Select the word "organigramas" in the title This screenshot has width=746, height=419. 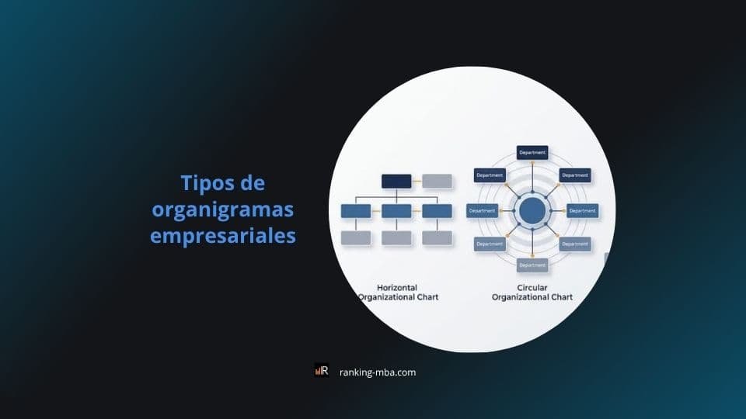(x=223, y=209)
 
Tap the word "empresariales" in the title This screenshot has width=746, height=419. (x=223, y=235)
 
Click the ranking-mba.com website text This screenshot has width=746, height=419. (x=378, y=372)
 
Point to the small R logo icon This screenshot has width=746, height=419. (x=322, y=371)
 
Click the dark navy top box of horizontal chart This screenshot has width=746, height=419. (x=396, y=182)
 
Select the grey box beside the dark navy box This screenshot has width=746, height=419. (x=437, y=182)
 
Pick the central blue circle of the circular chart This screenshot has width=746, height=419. (x=532, y=210)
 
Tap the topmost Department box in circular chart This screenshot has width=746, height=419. (x=532, y=153)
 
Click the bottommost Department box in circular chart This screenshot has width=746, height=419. (x=532, y=265)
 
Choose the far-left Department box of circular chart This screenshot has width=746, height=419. (x=482, y=210)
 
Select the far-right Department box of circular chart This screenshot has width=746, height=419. (x=583, y=210)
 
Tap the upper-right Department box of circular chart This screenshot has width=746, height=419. (x=575, y=175)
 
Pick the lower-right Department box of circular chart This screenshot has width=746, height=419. (x=575, y=244)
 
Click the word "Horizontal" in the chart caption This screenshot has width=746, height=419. (x=397, y=286)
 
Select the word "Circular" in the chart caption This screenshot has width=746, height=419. (x=532, y=286)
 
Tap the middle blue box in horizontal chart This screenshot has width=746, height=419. (x=396, y=211)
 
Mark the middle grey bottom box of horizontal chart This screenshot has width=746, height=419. (x=396, y=238)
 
